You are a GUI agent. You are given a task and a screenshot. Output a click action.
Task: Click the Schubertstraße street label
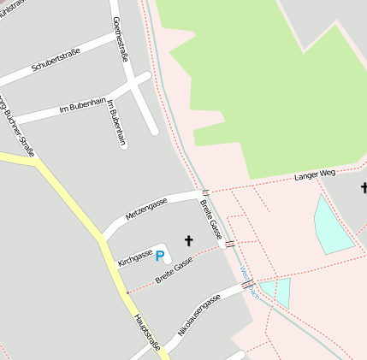56,60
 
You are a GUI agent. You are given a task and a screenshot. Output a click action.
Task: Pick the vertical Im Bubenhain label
115,123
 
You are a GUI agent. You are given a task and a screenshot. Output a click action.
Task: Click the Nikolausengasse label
199,313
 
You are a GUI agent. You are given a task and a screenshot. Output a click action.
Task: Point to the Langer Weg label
315,174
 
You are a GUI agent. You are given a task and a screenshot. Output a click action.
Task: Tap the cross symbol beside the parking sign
188,242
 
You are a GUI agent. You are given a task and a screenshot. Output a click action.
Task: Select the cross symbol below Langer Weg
363,187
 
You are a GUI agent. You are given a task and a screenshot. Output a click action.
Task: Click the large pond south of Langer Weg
332,224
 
